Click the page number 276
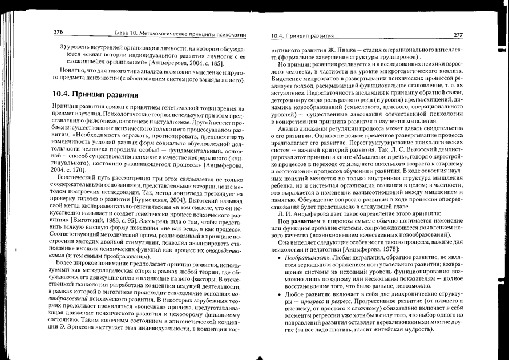[58, 32]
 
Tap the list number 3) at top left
[63, 45]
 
